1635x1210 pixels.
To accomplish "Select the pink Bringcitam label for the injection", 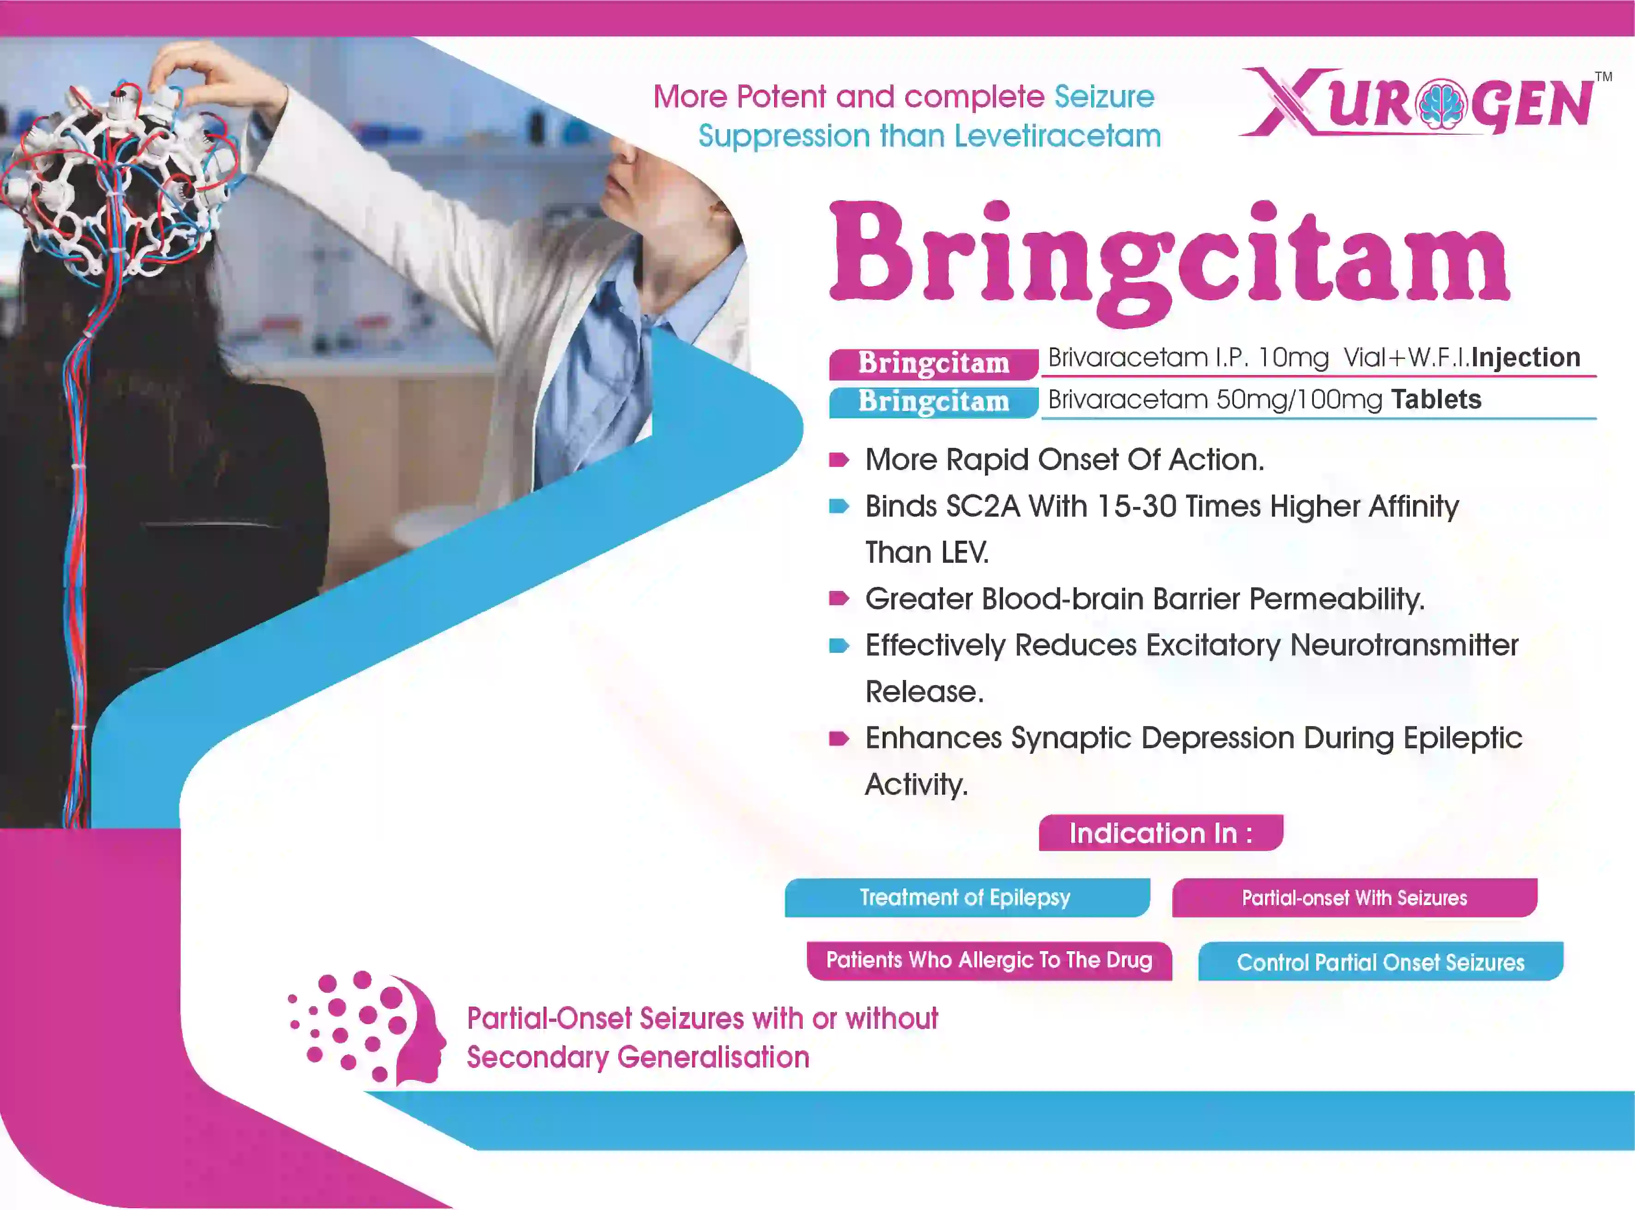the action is coord(933,364).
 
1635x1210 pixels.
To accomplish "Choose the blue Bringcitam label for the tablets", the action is coord(933,402).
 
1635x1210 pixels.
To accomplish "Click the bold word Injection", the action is coord(1526,358).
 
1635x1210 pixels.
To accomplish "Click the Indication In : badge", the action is coord(1160,833).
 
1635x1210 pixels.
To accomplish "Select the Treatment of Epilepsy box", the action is coord(967,897).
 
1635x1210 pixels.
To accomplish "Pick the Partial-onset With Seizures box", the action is coord(1355,897).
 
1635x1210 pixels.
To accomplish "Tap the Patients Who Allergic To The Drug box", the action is coord(989,960).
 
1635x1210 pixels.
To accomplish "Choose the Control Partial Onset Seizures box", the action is coord(1381,961).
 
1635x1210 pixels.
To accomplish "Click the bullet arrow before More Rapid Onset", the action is coord(839,460).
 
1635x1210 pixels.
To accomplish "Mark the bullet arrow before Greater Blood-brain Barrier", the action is coord(839,598).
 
